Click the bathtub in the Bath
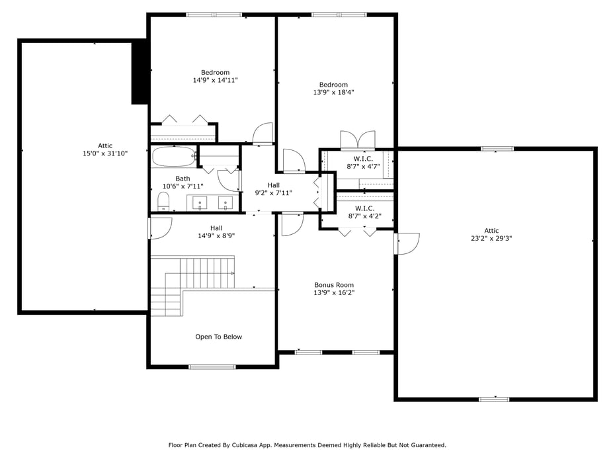pos(173,157)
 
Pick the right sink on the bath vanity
pos(225,202)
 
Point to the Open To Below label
pos(218,337)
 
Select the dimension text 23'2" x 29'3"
pos(491,238)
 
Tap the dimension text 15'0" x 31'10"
pos(105,153)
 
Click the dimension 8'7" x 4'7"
pos(364,167)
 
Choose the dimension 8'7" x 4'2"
pos(364,216)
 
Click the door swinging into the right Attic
pos(407,243)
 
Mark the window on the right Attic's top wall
pos(497,149)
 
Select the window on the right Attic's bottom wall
pos(494,399)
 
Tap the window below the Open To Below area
pos(212,366)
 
